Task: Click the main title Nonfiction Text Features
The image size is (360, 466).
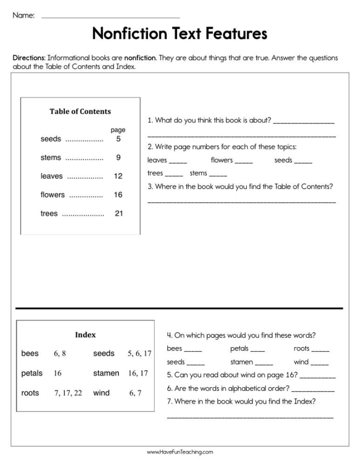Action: coord(179,34)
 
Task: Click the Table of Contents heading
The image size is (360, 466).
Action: coord(80,111)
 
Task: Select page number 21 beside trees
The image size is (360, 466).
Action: coord(118,213)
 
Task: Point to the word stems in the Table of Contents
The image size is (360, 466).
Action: coord(50,157)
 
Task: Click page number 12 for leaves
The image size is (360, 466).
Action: coord(118,176)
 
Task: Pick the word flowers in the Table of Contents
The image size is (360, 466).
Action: coord(52,195)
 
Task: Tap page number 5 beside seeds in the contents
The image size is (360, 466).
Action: coord(118,139)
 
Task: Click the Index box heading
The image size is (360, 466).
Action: coord(85,335)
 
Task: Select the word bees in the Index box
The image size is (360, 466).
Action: coord(30,353)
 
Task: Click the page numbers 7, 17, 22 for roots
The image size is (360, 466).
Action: coord(68,393)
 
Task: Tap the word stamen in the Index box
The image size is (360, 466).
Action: coord(106,373)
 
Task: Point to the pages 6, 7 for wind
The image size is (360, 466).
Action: coord(135,393)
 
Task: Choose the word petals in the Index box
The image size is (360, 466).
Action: coord(32,373)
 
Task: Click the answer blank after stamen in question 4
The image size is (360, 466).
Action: coord(264,363)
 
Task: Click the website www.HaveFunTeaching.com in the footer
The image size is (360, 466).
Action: coord(179,452)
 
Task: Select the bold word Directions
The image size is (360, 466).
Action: coord(29,58)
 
